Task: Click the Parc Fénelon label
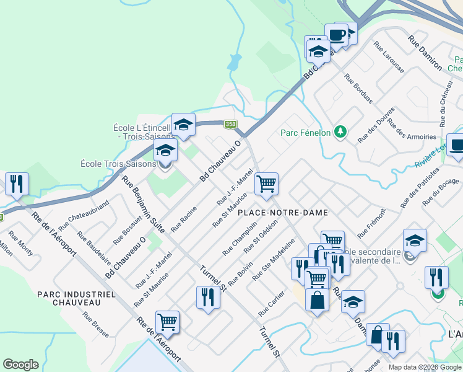click(303, 132)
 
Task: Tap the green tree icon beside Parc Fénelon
click(339, 131)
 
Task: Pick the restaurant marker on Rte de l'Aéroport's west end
click(16, 184)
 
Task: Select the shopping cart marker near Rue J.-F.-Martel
click(266, 184)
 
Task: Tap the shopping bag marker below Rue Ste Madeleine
click(317, 301)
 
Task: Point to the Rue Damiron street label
click(425, 52)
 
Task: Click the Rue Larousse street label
click(389, 58)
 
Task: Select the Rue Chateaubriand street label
click(84, 216)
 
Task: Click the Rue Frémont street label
click(371, 223)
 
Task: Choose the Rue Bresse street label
click(95, 324)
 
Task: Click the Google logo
click(20, 365)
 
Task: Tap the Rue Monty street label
click(21, 244)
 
